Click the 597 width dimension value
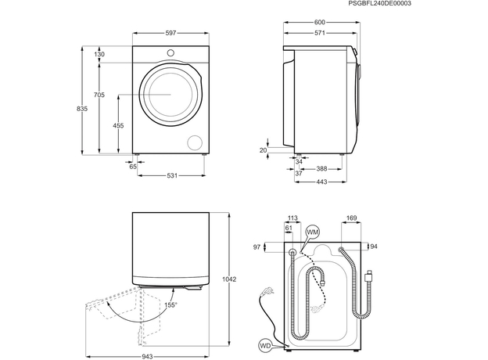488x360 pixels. pyautogui.click(x=170, y=33)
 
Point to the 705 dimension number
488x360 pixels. pyautogui.click(x=99, y=95)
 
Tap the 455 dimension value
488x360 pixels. pyautogui.click(x=117, y=125)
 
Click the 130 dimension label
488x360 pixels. pyautogui.click(x=99, y=54)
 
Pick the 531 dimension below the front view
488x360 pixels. pyautogui.click(x=172, y=175)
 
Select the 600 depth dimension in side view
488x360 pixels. pyautogui.click(x=320, y=23)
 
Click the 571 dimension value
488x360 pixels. pyautogui.click(x=320, y=34)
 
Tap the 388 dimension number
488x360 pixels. pyautogui.click(x=321, y=168)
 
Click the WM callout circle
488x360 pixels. pyautogui.click(x=313, y=232)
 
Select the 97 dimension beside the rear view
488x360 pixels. pyautogui.click(x=256, y=247)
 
